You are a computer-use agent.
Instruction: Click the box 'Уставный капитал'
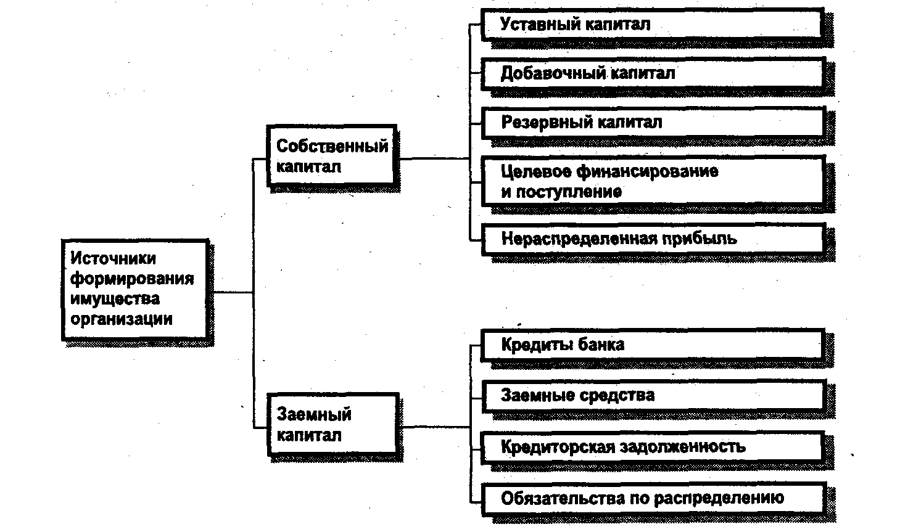pyautogui.click(x=652, y=25)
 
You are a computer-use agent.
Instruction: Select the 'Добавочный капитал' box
pyautogui.click(x=652, y=73)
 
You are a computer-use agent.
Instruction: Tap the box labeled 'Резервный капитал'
pyautogui.click(x=652, y=122)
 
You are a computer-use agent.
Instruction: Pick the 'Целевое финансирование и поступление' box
pyautogui.click(x=652, y=181)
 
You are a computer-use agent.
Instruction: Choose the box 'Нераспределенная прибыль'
pyautogui.click(x=652, y=239)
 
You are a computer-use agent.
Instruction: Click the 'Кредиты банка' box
pyautogui.click(x=652, y=345)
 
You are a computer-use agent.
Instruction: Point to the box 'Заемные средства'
pyautogui.click(x=652, y=395)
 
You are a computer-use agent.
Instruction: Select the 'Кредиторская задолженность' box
pyautogui.click(x=652, y=446)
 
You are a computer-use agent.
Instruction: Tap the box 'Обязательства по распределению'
pyautogui.click(x=652, y=498)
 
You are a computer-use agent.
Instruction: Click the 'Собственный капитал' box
pyautogui.click(x=331, y=156)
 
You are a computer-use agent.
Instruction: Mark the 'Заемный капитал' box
pyautogui.click(x=331, y=425)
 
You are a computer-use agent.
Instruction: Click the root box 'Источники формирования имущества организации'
pyautogui.click(x=135, y=289)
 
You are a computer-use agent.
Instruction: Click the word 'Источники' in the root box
pyautogui.click(x=113, y=258)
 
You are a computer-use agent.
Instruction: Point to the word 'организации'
pyautogui.click(x=121, y=319)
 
